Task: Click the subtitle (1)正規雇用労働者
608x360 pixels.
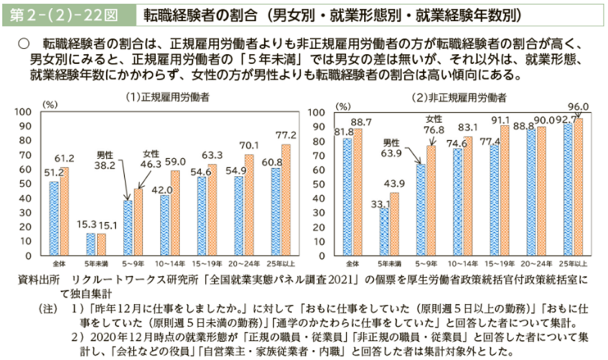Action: (160, 96)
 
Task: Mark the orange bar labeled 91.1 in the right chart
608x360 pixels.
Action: (504, 191)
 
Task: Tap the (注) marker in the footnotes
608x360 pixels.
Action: (47, 309)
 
